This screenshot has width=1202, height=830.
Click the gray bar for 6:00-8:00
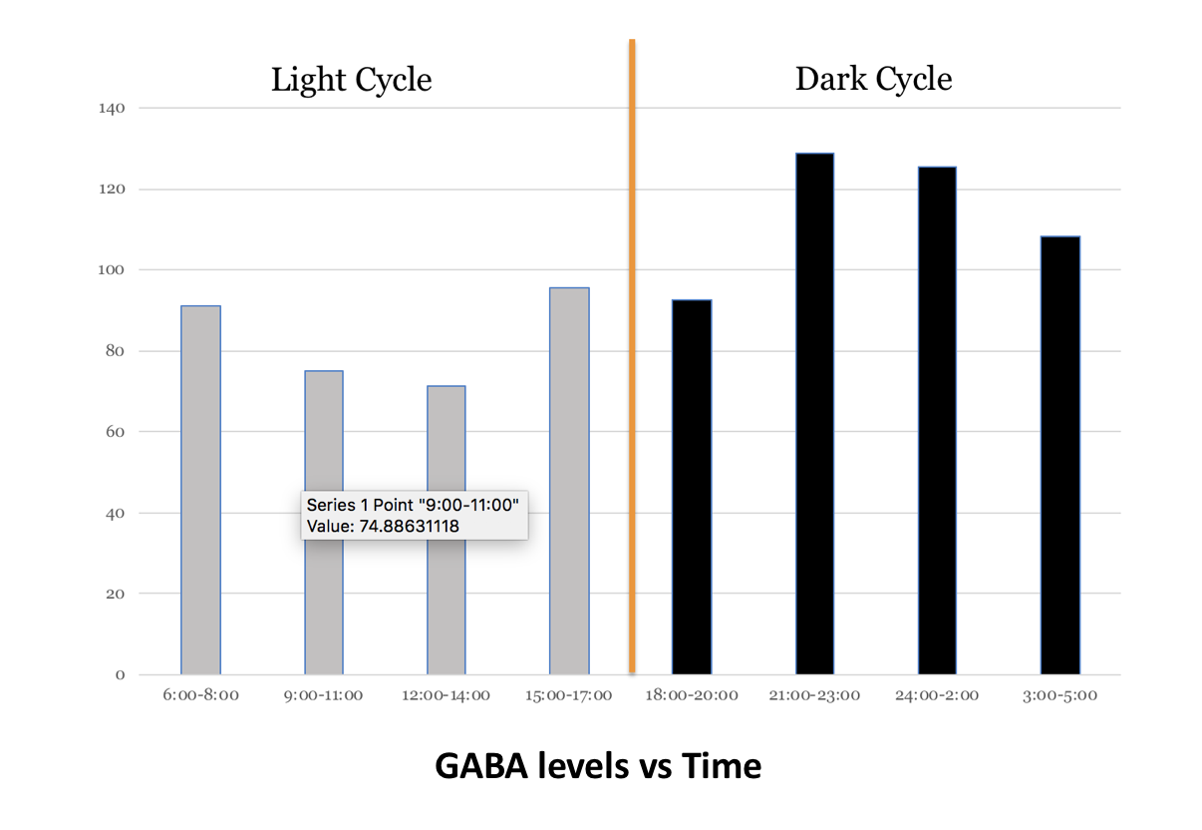[200, 489]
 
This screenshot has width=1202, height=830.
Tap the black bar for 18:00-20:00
[692, 487]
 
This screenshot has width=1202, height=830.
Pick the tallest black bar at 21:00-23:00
[814, 414]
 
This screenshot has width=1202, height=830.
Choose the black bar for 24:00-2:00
[937, 420]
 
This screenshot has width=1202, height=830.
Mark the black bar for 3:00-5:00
[1060, 455]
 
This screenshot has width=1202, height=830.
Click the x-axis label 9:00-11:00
[324, 695]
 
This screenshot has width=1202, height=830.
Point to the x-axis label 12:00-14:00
[447, 695]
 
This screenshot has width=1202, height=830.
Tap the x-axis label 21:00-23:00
[815, 695]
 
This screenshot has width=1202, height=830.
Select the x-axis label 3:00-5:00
[1060, 695]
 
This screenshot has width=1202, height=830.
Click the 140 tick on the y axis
[112, 108]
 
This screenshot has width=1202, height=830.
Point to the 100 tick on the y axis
[112, 269]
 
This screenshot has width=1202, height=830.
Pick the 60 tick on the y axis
[116, 432]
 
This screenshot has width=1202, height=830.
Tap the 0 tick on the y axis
[120, 675]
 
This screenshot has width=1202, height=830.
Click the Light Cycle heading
[351, 79]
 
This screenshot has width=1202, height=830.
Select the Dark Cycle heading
[873, 79]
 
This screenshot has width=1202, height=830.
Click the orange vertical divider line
[632, 299]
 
